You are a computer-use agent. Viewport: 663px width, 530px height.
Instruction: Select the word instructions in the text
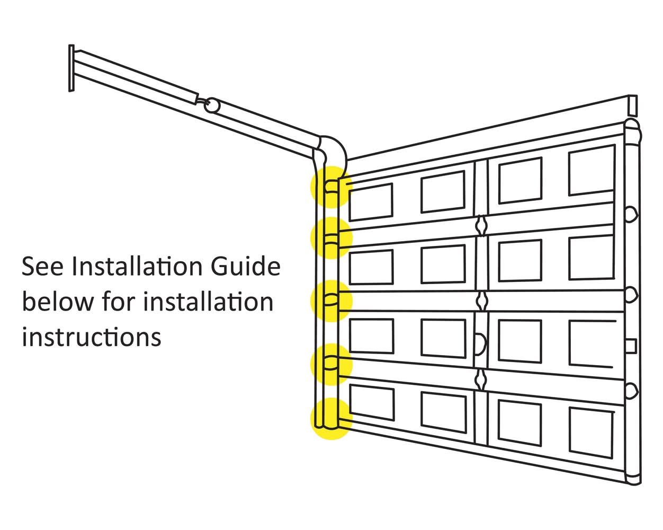pyautogui.click(x=92, y=337)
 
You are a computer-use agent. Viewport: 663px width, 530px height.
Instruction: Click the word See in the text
pyautogui.click(x=42, y=267)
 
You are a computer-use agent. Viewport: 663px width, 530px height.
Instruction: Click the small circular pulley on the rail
pyautogui.click(x=211, y=104)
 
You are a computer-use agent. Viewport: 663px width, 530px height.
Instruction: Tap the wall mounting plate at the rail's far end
pyautogui.click(x=71, y=68)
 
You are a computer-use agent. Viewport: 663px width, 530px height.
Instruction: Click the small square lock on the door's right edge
pyautogui.click(x=630, y=346)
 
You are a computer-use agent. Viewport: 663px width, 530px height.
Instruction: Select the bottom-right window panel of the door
pyautogui.click(x=591, y=432)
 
